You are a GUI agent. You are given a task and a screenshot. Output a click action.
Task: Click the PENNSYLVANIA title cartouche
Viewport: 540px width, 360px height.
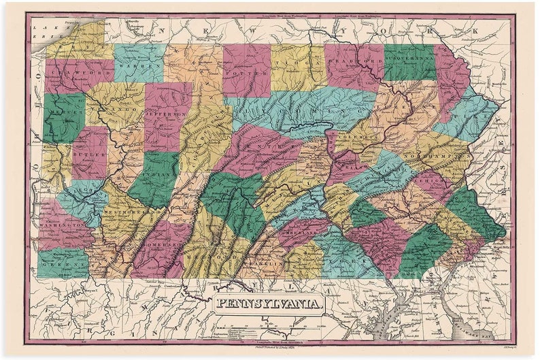click(269, 302)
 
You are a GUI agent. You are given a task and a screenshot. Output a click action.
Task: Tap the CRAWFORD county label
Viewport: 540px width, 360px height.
click(72, 70)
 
